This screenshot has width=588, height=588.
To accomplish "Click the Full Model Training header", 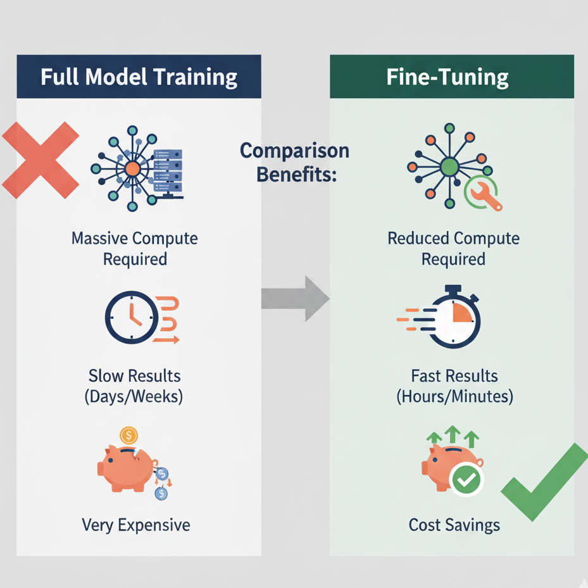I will click(139, 77).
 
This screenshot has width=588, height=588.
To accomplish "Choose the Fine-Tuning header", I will click(452, 77).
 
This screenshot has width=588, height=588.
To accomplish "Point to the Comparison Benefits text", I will click(295, 163).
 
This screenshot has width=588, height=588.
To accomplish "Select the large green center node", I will click(449, 167).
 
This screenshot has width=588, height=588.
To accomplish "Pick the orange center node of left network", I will click(132, 168).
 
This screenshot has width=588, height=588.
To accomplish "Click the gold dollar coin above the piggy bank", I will click(129, 435).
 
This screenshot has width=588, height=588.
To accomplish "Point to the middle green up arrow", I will click(452, 435).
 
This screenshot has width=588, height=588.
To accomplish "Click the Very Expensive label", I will click(136, 525).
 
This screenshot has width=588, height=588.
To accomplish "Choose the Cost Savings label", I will click(454, 525).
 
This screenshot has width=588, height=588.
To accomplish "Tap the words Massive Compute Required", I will click(135, 249).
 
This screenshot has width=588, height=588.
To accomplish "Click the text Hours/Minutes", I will click(455, 397).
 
